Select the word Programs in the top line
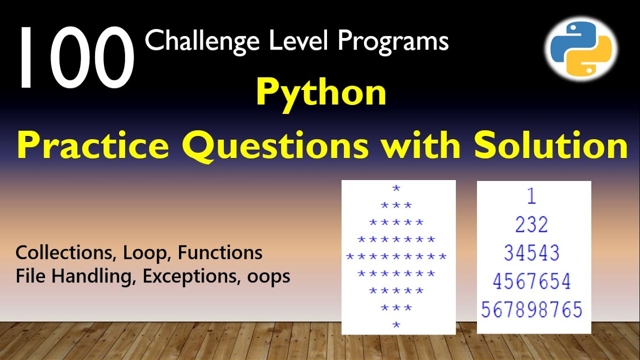(x=393, y=41)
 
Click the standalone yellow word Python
(x=321, y=93)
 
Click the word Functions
(x=220, y=253)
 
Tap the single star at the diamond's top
(x=396, y=188)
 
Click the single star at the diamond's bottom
(x=396, y=325)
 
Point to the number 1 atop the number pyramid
(x=531, y=196)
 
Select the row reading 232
(x=531, y=225)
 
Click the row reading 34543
(x=531, y=253)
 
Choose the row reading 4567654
(x=531, y=281)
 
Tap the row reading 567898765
(x=531, y=310)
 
